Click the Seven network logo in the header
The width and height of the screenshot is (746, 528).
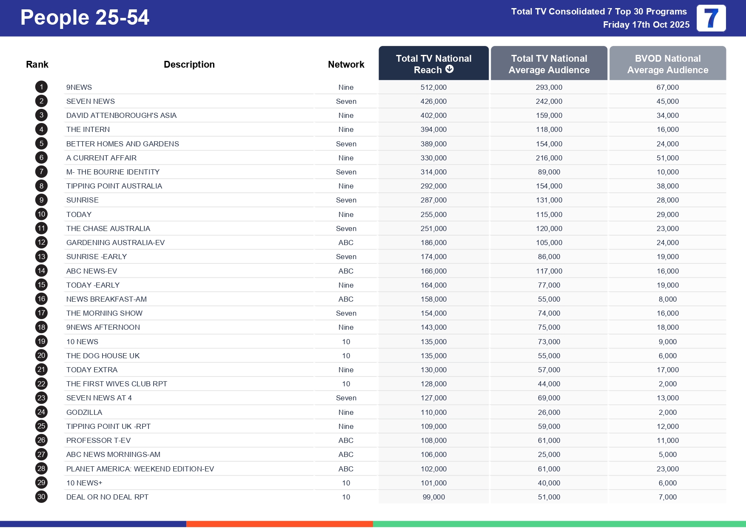(x=711, y=18)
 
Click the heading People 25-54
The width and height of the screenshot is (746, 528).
(x=85, y=18)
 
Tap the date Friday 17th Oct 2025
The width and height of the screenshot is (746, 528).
(x=646, y=25)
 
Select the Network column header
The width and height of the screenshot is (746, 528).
(x=346, y=65)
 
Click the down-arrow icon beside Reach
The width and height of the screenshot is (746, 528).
(x=450, y=69)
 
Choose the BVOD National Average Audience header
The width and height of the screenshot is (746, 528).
(x=667, y=64)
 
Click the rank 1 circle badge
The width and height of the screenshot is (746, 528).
(x=41, y=87)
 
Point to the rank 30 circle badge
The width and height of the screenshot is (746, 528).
(x=41, y=497)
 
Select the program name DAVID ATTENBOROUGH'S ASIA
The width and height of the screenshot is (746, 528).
(x=121, y=115)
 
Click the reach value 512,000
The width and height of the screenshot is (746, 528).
(x=433, y=87)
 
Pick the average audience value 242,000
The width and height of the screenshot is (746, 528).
(x=549, y=101)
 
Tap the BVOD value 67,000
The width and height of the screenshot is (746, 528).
(x=667, y=87)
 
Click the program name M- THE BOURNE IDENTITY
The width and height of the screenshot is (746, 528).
(x=113, y=172)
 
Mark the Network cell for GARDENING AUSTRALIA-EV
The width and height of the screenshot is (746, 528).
(x=346, y=243)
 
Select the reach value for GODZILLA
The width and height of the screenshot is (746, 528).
(x=433, y=412)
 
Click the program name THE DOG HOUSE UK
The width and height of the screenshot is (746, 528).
(x=103, y=356)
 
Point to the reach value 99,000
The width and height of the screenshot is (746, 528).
(x=433, y=497)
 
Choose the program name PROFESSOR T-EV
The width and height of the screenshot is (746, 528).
(x=98, y=440)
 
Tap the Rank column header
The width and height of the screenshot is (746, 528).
(x=37, y=65)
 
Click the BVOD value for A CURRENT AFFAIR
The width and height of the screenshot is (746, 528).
(x=667, y=158)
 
